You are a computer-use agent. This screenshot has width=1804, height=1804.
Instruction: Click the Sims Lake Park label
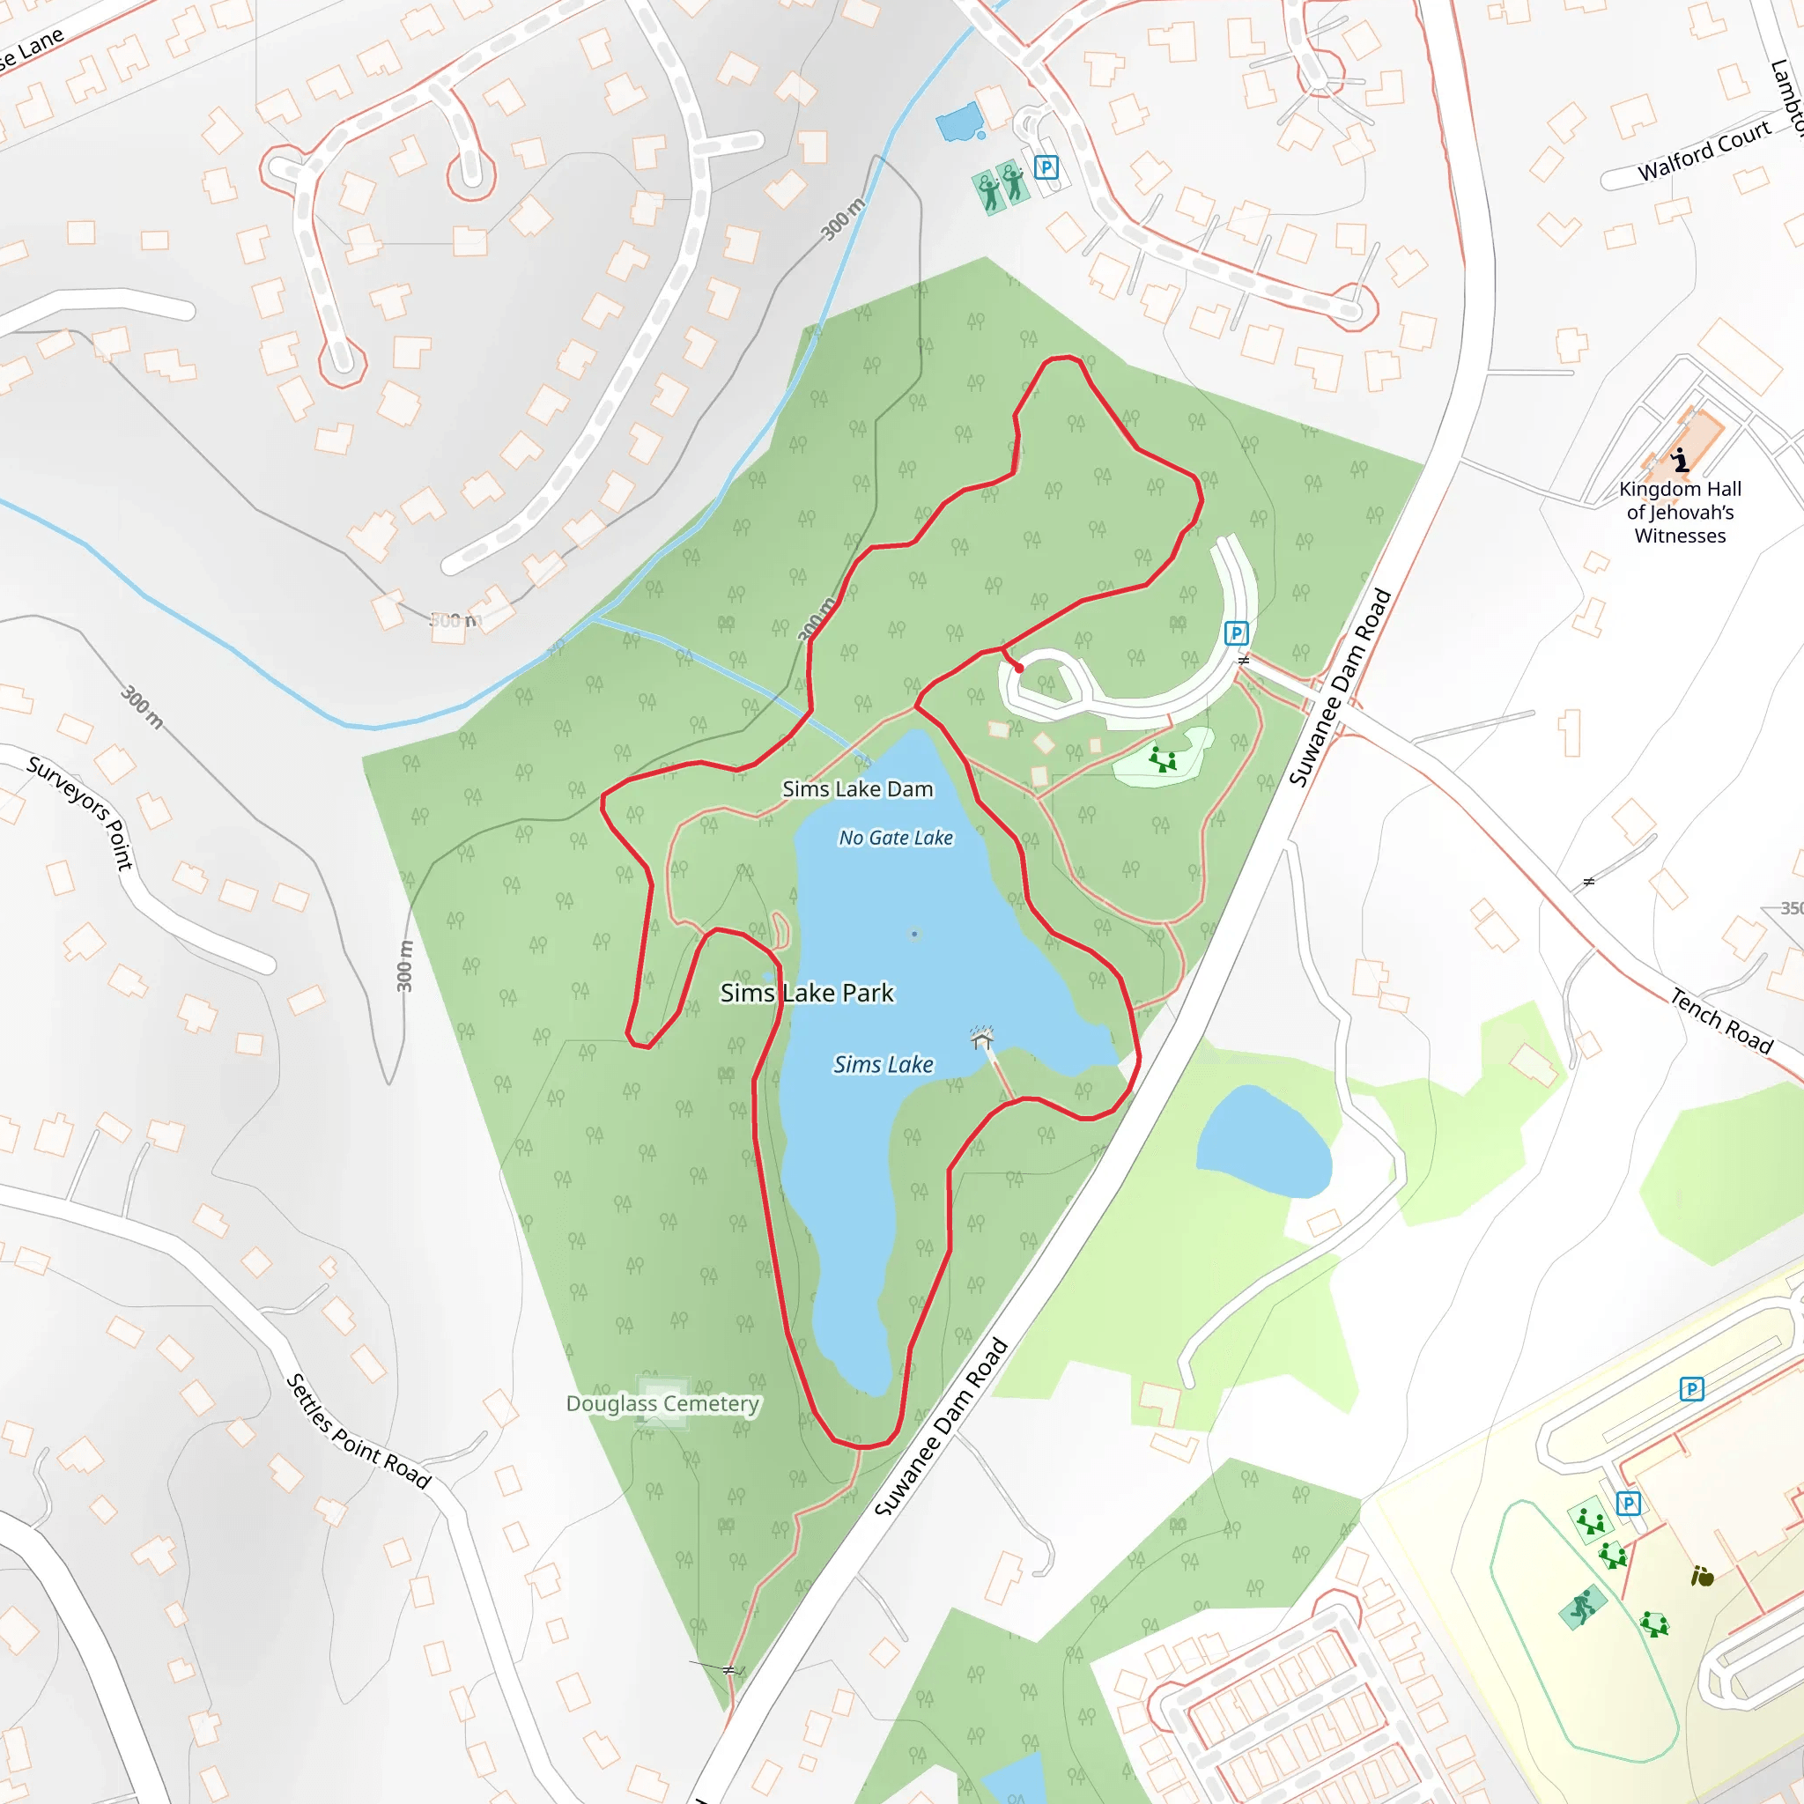click(807, 993)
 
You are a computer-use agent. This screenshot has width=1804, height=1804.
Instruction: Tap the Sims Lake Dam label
click(857, 789)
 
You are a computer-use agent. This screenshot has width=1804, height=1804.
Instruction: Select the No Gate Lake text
click(896, 838)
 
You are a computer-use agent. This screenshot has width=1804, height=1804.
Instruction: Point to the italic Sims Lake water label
click(883, 1064)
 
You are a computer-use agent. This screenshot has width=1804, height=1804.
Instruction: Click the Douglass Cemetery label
click(662, 1403)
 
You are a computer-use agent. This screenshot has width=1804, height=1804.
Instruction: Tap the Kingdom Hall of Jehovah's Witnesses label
click(1680, 512)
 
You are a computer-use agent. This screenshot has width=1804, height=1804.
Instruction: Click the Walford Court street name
click(1704, 151)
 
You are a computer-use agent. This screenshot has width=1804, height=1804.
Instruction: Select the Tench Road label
click(1721, 1022)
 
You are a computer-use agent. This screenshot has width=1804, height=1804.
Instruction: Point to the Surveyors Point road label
click(81, 812)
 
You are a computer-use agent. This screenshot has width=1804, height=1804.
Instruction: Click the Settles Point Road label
click(358, 1431)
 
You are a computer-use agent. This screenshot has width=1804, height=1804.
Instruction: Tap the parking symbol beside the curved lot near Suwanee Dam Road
click(1236, 634)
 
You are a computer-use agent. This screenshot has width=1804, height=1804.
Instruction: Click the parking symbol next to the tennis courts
click(1046, 167)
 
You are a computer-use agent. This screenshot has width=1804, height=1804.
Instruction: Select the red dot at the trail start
click(1020, 669)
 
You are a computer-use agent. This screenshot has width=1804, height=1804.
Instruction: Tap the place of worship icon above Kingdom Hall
click(1680, 460)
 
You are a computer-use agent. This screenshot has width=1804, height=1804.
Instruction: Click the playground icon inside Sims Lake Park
click(1163, 759)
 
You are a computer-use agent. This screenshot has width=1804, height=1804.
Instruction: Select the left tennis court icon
click(989, 191)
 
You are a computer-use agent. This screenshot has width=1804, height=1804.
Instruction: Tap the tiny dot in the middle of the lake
click(914, 934)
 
